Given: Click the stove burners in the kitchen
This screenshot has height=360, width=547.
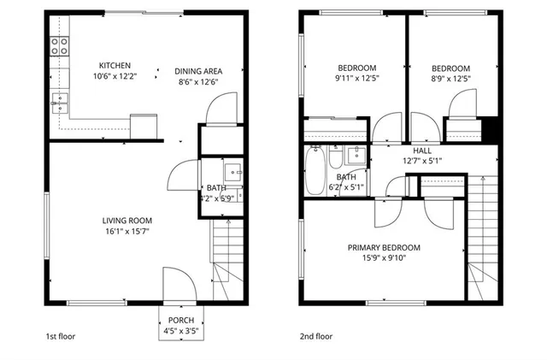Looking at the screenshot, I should click(x=59, y=46).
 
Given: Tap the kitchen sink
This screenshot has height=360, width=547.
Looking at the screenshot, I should click(x=59, y=104).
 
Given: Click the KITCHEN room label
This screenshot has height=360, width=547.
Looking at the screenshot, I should click(x=115, y=66).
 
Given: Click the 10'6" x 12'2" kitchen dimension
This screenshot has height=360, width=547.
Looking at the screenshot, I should click(x=115, y=77).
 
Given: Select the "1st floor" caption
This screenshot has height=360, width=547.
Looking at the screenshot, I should click(x=60, y=337).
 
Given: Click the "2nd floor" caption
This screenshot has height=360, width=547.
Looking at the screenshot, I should click(x=315, y=337).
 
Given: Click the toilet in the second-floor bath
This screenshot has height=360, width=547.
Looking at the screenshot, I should click(x=335, y=156).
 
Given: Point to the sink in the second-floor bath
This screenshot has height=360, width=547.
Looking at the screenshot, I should click(x=356, y=155).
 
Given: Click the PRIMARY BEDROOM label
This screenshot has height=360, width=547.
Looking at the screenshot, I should click(x=384, y=248).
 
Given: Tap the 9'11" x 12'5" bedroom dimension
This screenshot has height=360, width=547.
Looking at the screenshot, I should click(x=356, y=79).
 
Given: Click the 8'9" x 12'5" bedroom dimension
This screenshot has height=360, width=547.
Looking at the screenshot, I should click(x=450, y=79).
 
